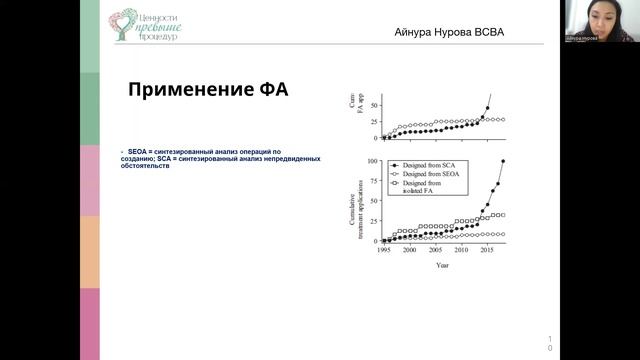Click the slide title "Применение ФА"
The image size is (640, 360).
tap(207, 89)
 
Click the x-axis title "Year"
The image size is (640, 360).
tap(443, 265)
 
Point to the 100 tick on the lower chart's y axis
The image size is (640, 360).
tap(372, 160)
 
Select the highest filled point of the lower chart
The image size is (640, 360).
tap(503, 160)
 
